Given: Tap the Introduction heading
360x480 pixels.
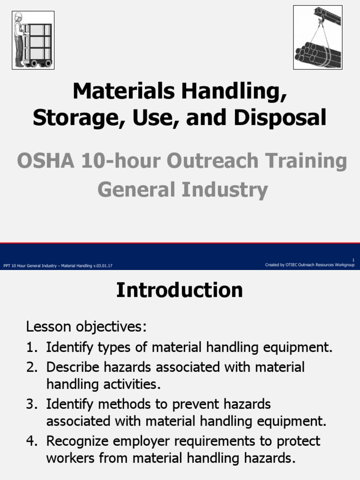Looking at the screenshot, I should click(180, 290).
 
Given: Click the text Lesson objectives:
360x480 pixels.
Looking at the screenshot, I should click(87, 326).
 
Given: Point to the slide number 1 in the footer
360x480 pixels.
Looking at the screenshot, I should click(353, 260).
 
